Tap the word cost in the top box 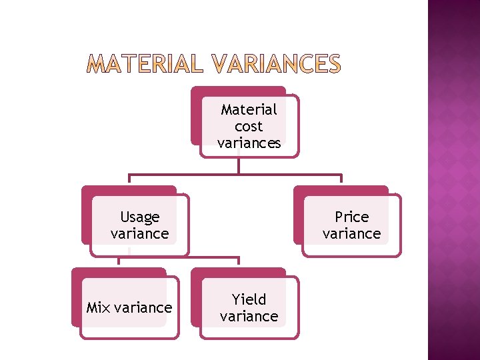coord(249,126)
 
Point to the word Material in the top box coord(249,109)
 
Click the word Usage coord(140,217)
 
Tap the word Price coord(351,217)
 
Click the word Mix coord(99,307)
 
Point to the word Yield coord(249,299)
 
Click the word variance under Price coord(351,233)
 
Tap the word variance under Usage coord(139,233)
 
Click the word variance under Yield coord(249,316)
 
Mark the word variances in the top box coord(249,143)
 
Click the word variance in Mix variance coord(143,307)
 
